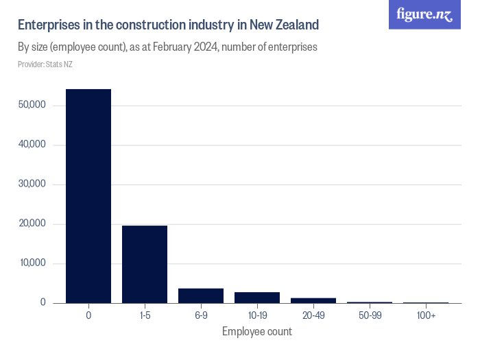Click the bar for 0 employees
88,196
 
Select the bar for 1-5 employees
145,264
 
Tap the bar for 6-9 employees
201,296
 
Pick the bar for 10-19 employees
257,298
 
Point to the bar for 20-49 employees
313,300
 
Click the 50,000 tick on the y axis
32,105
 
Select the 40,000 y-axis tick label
32,145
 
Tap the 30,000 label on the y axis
32,184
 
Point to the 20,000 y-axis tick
32,224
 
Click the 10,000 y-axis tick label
32,263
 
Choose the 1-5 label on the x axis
145,315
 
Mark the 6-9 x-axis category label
201,315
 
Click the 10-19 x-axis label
257,315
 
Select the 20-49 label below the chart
313,315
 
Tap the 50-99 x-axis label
370,315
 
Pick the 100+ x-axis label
426,315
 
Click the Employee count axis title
257,332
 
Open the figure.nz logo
425,14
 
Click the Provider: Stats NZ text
45,64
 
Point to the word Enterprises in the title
47,25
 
